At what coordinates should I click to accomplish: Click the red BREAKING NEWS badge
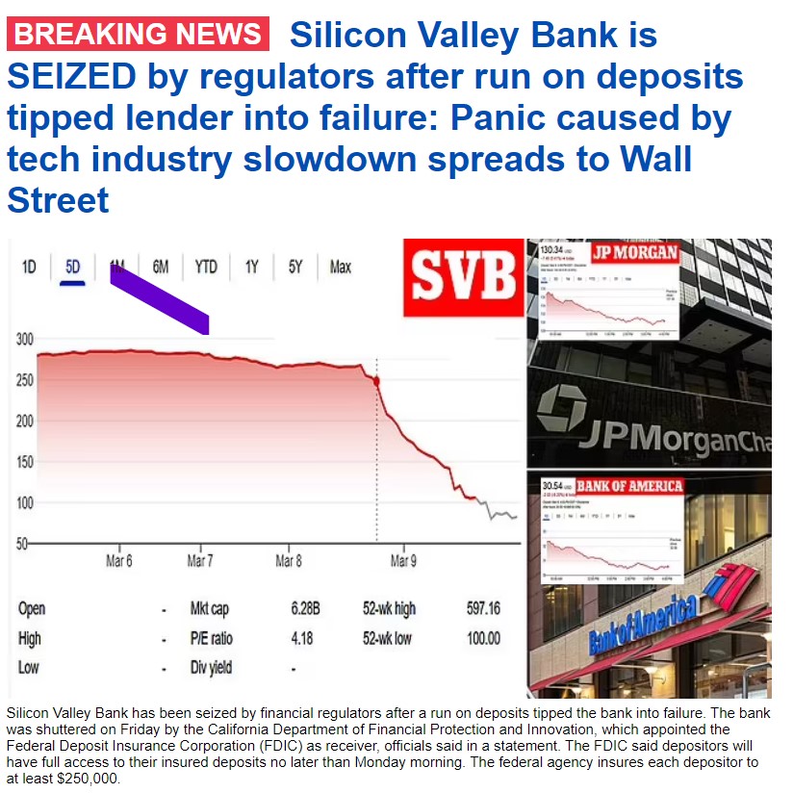(x=136, y=35)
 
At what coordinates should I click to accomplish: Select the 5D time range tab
(x=73, y=267)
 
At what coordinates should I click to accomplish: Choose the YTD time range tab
(x=206, y=267)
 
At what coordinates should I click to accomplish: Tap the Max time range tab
(x=341, y=267)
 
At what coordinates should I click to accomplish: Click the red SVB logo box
(x=463, y=277)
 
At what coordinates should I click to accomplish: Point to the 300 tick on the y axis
(x=24, y=340)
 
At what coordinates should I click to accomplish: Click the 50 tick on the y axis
(x=21, y=544)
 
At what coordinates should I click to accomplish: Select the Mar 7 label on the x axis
(x=200, y=561)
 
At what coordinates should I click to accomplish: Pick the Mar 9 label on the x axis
(x=402, y=561)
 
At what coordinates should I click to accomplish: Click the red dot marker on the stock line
(x=375, y=381)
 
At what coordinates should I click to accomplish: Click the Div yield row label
(x=212, y=667)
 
